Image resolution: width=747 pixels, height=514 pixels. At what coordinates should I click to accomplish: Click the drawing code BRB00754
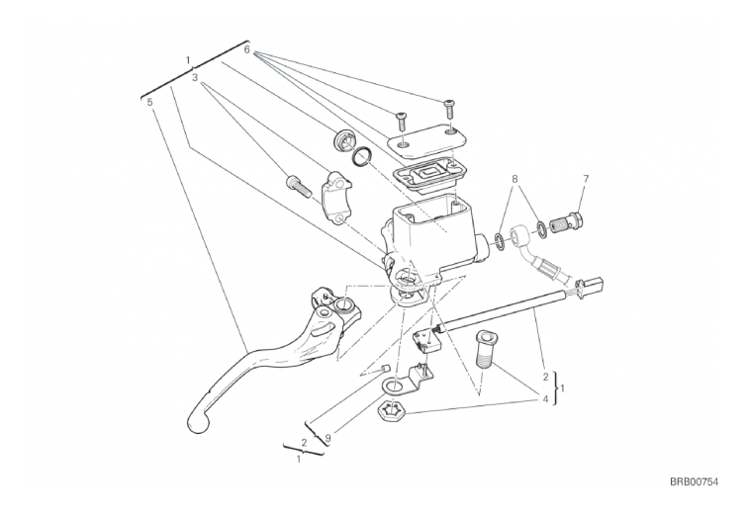(694, 482)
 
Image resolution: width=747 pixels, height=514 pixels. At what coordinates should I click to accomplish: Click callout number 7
(586, 179)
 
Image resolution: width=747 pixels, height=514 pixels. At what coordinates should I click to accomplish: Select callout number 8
(514, 179)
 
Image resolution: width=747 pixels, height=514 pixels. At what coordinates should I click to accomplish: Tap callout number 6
(246, 49)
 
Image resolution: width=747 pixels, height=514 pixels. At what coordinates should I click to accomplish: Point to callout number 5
(150, 102)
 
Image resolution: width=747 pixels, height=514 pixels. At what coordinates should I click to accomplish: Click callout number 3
(195, 77)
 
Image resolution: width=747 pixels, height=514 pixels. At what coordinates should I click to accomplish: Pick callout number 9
(328, 437)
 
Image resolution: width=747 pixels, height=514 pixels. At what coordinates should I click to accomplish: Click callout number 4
(545, 398)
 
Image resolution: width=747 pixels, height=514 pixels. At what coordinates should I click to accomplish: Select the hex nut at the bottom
(391, 410)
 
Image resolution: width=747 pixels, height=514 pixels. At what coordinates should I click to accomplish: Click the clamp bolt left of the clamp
(299, 187)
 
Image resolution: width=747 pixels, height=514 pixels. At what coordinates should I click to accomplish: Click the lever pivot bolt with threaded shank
(486, 350)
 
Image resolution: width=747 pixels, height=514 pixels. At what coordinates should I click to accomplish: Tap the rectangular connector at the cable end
(594, 284)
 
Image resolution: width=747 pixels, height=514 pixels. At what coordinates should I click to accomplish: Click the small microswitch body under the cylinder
(427, 341)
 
